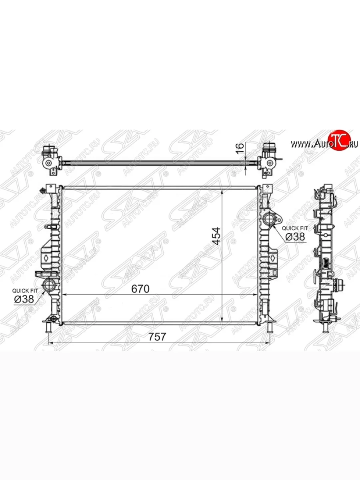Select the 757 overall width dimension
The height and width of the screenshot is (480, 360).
[157, 337]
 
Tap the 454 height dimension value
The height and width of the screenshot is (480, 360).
[216, 237]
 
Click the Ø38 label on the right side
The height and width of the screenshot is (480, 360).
[295, 237]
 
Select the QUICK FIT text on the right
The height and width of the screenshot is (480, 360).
[295, 228]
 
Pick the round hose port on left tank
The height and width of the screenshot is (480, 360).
[50, 285]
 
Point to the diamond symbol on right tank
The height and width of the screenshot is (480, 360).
[272, 258]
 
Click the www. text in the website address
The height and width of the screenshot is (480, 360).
[300, 144]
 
